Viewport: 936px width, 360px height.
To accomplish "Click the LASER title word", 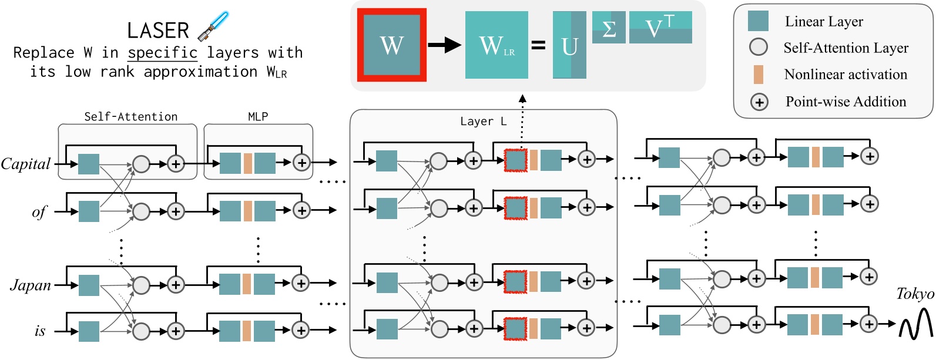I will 157,31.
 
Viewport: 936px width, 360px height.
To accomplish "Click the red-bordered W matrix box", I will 391,45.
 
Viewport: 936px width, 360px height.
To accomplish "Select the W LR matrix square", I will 496,45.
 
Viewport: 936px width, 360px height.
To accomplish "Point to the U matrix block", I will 569,45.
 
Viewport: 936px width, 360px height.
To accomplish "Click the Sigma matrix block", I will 609,28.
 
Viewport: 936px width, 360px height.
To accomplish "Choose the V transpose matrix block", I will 660,27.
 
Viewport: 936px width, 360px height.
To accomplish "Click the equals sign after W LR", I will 538,45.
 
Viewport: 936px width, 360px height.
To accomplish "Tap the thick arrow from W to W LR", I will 444,45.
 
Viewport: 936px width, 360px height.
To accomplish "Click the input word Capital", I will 26,164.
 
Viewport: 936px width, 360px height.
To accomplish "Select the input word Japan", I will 31,285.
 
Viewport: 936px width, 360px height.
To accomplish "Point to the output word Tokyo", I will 915,294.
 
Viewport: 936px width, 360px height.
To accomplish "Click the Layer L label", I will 483,122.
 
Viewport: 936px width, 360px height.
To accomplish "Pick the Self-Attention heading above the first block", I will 130,116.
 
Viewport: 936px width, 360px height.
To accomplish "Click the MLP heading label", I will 258,116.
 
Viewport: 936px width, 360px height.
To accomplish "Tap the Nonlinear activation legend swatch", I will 758,75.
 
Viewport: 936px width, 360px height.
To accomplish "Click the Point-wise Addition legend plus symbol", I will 759,102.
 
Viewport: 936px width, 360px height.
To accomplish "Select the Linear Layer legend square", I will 758,21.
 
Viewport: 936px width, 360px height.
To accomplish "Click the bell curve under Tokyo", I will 916,325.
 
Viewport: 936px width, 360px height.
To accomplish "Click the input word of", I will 39,212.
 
